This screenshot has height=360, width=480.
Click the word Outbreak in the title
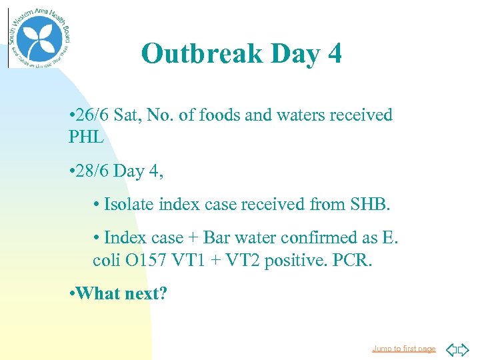pyautogui.click(x=201, y=53)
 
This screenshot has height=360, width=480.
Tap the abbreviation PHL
pyautogui.click(x=87, y=138)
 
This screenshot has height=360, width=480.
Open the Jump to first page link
pyautogui.click(x=404, y=349)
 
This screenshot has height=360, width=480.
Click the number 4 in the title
pyautogui.click(x=335, y=53)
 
